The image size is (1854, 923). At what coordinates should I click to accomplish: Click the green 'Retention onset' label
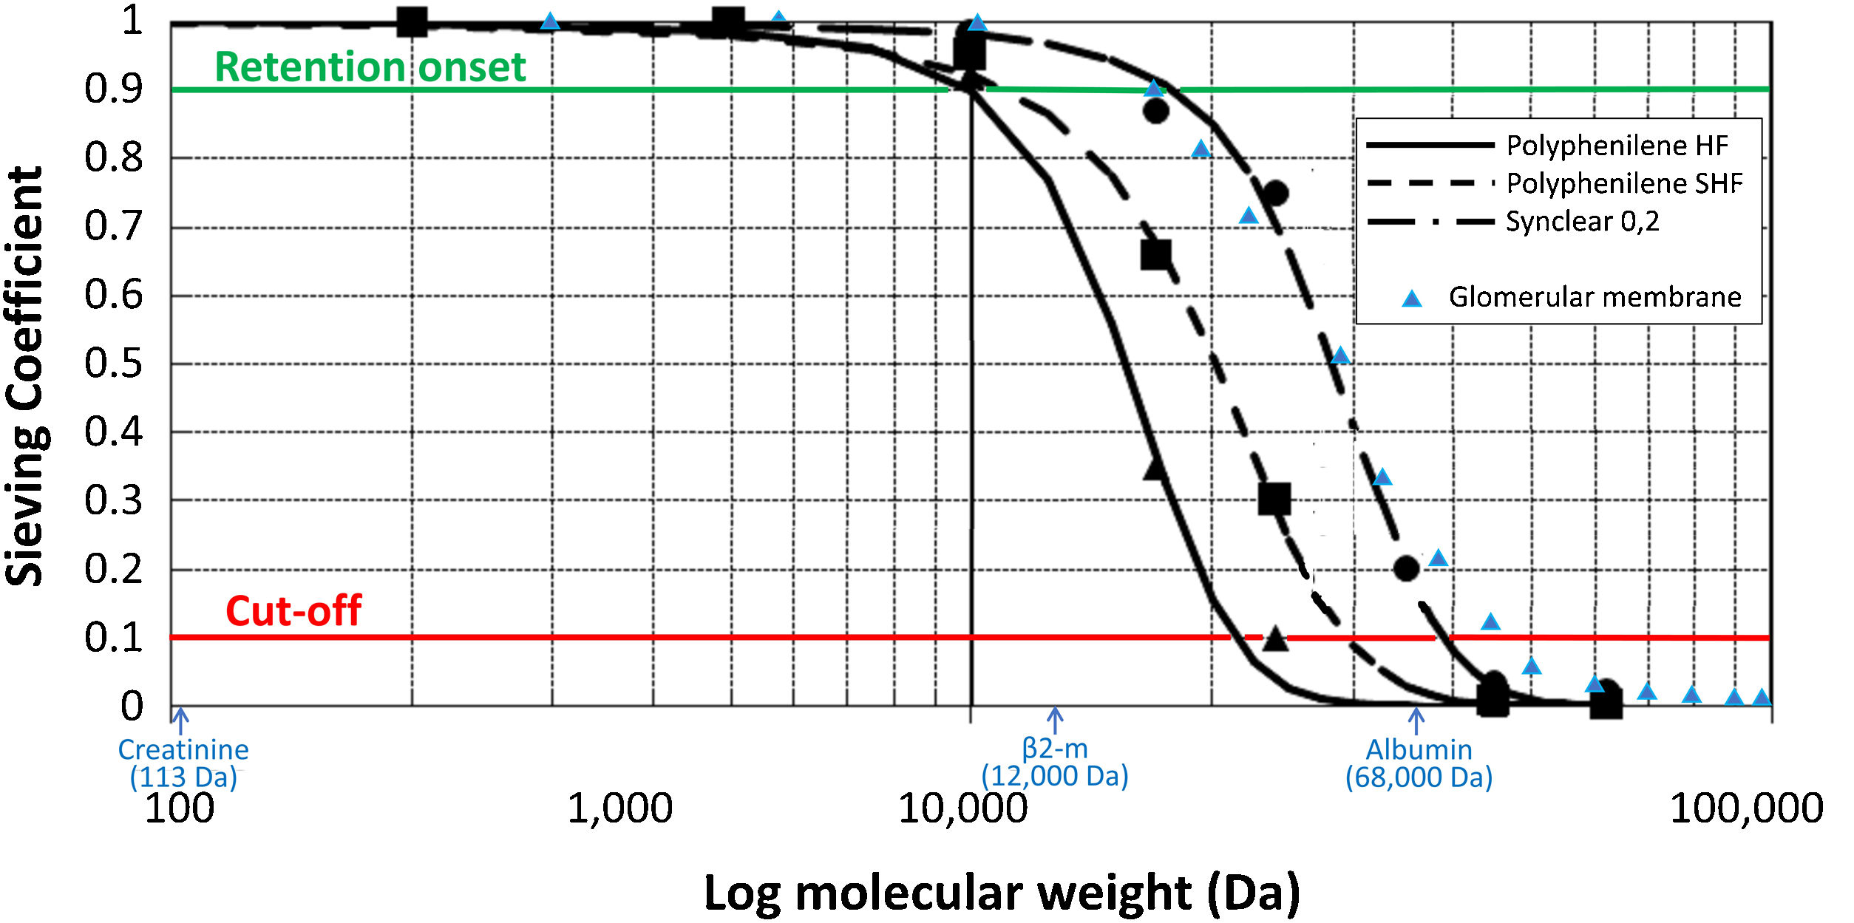[370, 67]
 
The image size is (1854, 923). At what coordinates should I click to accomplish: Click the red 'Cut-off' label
[293, 611]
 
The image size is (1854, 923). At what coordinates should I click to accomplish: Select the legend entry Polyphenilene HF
[1617, 146]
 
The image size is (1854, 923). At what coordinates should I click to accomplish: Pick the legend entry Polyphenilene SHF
[1624, 183]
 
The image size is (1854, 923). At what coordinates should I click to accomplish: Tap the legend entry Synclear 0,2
[1582, 221]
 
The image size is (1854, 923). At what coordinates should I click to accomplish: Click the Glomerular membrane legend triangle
[1412, 299]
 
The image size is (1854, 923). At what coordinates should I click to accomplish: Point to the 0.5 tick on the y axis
[113, 364]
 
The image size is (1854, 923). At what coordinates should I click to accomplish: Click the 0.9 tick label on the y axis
[113, 89]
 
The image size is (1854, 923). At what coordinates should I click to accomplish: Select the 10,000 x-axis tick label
[962, 808]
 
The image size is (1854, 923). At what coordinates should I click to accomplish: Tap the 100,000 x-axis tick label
[1746, 808]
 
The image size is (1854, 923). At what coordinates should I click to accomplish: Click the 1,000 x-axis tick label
[619, 808]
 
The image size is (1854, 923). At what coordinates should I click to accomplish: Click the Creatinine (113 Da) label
[183, 763]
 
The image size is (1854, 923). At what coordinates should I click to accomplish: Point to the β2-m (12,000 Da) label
[1055, 762]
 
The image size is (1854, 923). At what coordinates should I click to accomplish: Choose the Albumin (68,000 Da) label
[1419, 763]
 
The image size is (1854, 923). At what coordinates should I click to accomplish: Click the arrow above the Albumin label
[1416, 721]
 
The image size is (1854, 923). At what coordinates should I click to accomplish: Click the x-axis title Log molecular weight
[1002, 893]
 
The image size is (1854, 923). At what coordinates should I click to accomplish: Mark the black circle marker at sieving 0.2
[1406, 568]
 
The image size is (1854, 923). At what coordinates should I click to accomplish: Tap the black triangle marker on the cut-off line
[1275, 638]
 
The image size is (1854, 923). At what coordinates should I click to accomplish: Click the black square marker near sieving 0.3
[1274, 499]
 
